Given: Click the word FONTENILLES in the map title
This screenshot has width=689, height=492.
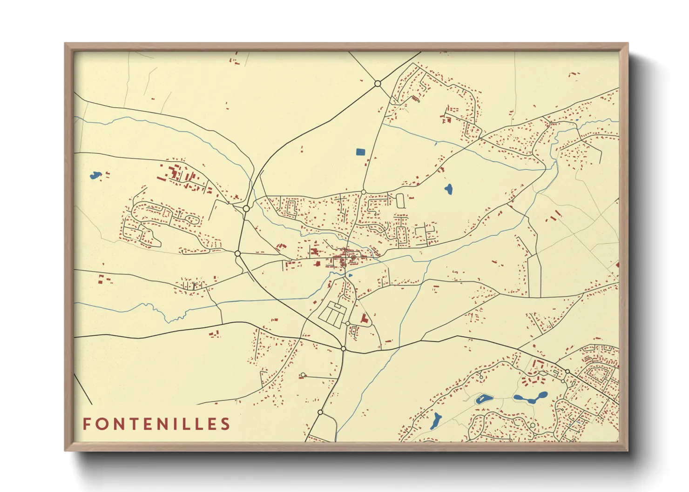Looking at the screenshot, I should point(156,424).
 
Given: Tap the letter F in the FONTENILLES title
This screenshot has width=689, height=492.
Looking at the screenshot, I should point(87,424).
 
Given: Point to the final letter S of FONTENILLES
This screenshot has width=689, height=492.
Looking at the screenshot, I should point(226,424).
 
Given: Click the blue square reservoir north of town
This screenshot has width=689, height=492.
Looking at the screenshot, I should point(360,152).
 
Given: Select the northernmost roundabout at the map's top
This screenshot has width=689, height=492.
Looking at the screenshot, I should point(378,84).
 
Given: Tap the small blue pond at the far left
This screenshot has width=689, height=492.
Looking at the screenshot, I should point(95,175).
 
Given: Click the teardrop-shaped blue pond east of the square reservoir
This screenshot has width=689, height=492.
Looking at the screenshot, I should point(448,189).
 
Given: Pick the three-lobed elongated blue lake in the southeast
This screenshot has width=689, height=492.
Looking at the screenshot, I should point(530,398).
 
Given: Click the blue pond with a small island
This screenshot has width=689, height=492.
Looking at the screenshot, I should point(483,399).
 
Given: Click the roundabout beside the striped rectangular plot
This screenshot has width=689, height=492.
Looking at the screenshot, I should point(348,323).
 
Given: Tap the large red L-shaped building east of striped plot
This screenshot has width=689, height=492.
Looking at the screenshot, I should point(364,319).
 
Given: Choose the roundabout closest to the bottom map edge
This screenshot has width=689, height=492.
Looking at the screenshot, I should point(320,412).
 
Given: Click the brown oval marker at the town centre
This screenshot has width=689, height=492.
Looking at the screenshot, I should point(353,257).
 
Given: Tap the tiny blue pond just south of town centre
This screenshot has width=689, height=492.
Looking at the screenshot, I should point(351,275).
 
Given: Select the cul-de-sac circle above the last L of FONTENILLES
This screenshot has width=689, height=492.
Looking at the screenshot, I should point(303,375).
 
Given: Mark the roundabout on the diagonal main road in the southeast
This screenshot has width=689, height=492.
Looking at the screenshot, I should point(567,371).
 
